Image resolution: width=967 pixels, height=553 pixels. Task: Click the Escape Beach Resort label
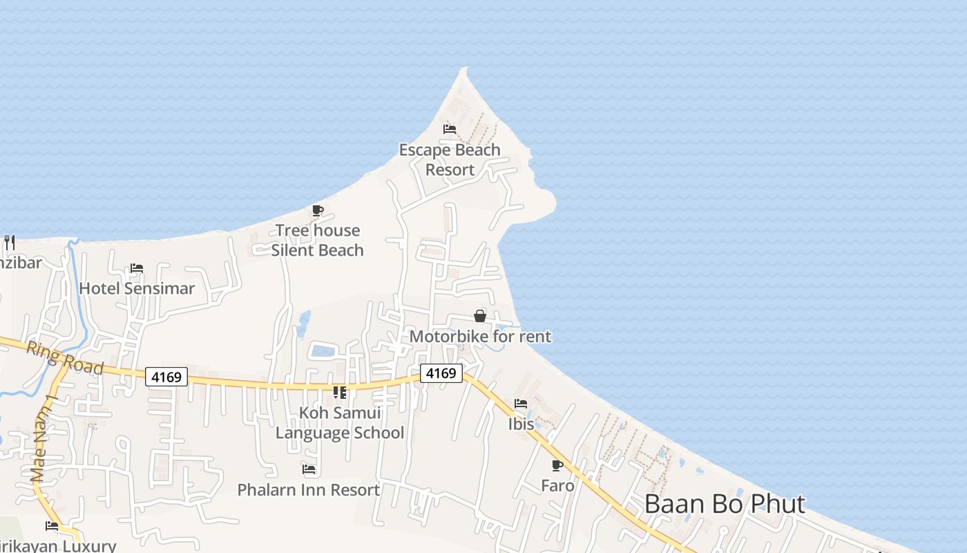pos(450,160)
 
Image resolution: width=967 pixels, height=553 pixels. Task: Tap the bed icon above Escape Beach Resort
pos(450,129)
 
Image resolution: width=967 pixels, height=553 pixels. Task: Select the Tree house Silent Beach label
pos(317,240)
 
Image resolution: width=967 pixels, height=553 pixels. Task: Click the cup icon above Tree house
pos(318,210)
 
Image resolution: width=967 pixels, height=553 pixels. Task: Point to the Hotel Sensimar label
pos(137,288)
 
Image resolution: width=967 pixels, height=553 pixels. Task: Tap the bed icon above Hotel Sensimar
pos(137,268)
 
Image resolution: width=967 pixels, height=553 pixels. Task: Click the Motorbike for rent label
pos(480,337)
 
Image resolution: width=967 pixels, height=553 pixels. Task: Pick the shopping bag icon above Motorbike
pos(480,316)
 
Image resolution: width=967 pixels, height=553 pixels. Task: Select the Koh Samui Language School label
pos(340,423)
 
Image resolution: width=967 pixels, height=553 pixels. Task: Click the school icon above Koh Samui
pos(340,393)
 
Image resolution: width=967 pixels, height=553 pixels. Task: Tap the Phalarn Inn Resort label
pos(308,490)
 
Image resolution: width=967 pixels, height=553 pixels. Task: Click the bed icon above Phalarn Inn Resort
pos(309,469)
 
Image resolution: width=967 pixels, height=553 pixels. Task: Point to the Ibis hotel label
pos(521,424)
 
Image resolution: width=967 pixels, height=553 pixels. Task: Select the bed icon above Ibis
pos(521,404)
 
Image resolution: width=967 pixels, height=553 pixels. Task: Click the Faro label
pos(557,486)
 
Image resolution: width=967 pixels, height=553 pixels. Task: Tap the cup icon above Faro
pos(557,465)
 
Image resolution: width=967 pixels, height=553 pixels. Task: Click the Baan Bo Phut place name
pos(725,504)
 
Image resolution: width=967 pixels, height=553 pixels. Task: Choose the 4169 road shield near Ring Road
pos(166,377)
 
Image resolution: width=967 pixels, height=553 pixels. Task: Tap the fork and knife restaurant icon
pos(10,242)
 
